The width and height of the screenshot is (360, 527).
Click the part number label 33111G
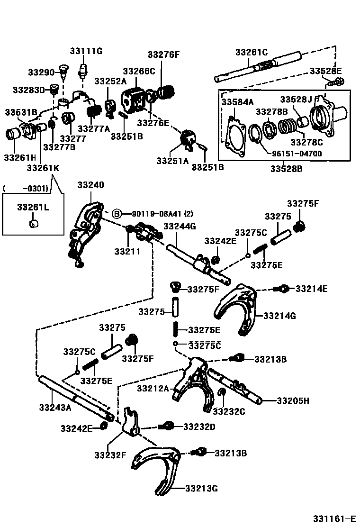pyautogui.click(x=86, y=51)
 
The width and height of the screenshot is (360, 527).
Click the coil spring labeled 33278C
pyautogui.click(x=288, y=127)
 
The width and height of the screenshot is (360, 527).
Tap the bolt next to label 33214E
pyautogui.click(x=283, y=288)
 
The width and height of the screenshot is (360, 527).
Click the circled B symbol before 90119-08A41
pyautogui.click(x=117, y=214)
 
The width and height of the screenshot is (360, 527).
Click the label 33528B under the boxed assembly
pyautogui.click(x=287, y=168)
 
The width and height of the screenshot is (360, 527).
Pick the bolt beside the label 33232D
pyautogui.click(x=166, y=427)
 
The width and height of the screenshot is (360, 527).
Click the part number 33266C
pyautogui.click(x=139, y=71)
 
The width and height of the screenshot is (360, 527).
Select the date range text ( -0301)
pyautogui.click(x=26, y=189)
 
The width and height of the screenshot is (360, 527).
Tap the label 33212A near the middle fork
pyautogui.click(x=153, y=389)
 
